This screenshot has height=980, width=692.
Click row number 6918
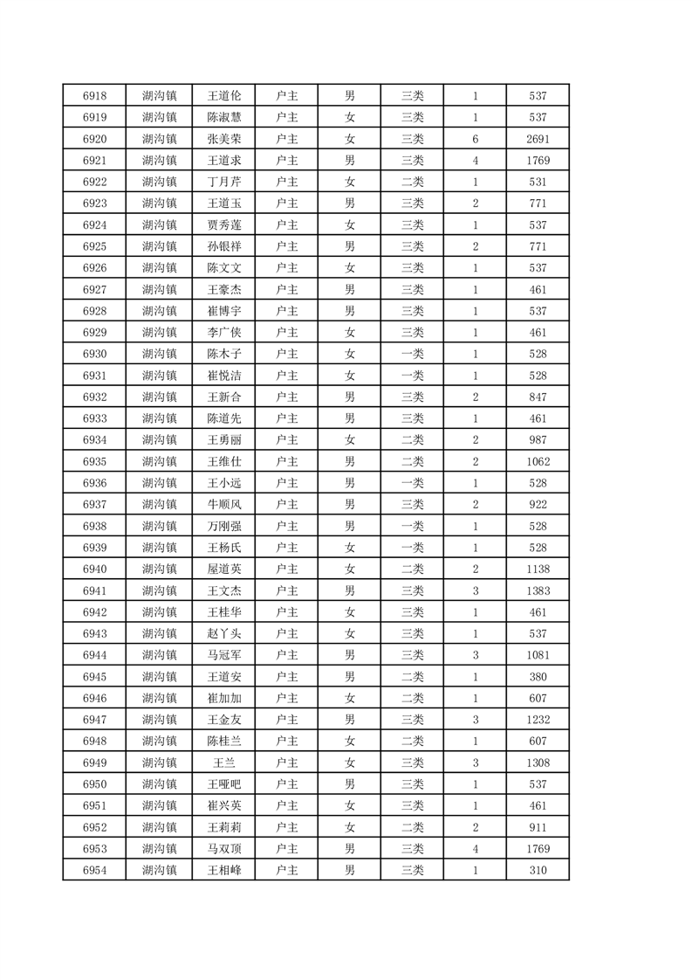(94, 95)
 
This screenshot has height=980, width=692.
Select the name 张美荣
(223, 139)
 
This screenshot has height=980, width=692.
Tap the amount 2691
(538, 139)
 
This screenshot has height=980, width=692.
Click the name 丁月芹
(223, 182)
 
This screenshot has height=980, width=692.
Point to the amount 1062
(538, 462)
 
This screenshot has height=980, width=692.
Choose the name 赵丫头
(223, 634)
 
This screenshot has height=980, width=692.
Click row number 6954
(94, 871)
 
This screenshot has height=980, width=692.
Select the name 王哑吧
(223, 784)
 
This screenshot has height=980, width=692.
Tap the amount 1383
(538, 591)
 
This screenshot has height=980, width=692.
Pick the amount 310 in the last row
(538, 871)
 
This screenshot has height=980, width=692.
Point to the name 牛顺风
(223, 505)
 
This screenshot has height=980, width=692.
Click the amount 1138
(538, 569)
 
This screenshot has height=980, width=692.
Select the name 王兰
(223, 763)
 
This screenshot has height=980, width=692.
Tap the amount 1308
(538, 763)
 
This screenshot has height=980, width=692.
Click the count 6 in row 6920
(475, 139)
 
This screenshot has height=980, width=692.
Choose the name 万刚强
(223, 527)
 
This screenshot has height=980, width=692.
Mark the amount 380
(538, 677)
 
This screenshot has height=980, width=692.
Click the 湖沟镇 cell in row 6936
(159, 483)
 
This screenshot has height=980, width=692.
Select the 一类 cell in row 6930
(412, 354)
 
